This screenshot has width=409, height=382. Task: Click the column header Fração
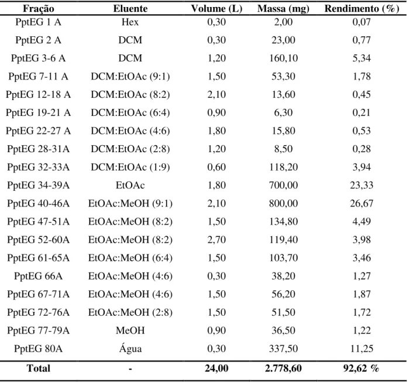coord(39,9)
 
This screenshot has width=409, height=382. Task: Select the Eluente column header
coord(130,9)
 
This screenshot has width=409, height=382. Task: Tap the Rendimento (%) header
coord(362,9)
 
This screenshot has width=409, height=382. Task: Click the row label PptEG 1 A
coord(39,22)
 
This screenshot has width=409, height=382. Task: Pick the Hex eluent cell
coord(130,22)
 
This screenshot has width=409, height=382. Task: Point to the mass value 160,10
coord(283,58)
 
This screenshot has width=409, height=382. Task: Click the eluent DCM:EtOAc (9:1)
coord(130,77)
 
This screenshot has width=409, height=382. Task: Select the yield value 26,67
coord(362,204)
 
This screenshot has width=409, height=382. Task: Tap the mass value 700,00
coord(283,185)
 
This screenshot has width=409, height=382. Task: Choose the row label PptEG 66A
coord(39,276)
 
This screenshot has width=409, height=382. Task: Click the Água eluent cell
coord(130,348)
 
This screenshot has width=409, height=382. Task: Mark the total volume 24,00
coord(216,368)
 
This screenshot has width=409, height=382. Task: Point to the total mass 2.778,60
coord(283,368)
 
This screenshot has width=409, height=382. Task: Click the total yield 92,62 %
coord(361,368)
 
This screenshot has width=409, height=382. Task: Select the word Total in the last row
coord(39,368)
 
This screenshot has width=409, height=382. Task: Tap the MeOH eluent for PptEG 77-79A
coord(130,331)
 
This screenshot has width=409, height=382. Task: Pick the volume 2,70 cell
coord(216,240)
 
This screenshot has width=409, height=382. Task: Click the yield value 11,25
coord(362,349)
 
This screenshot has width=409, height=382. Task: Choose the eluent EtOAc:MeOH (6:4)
coord(130,258)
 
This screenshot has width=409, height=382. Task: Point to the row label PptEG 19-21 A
coord(39,113)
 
